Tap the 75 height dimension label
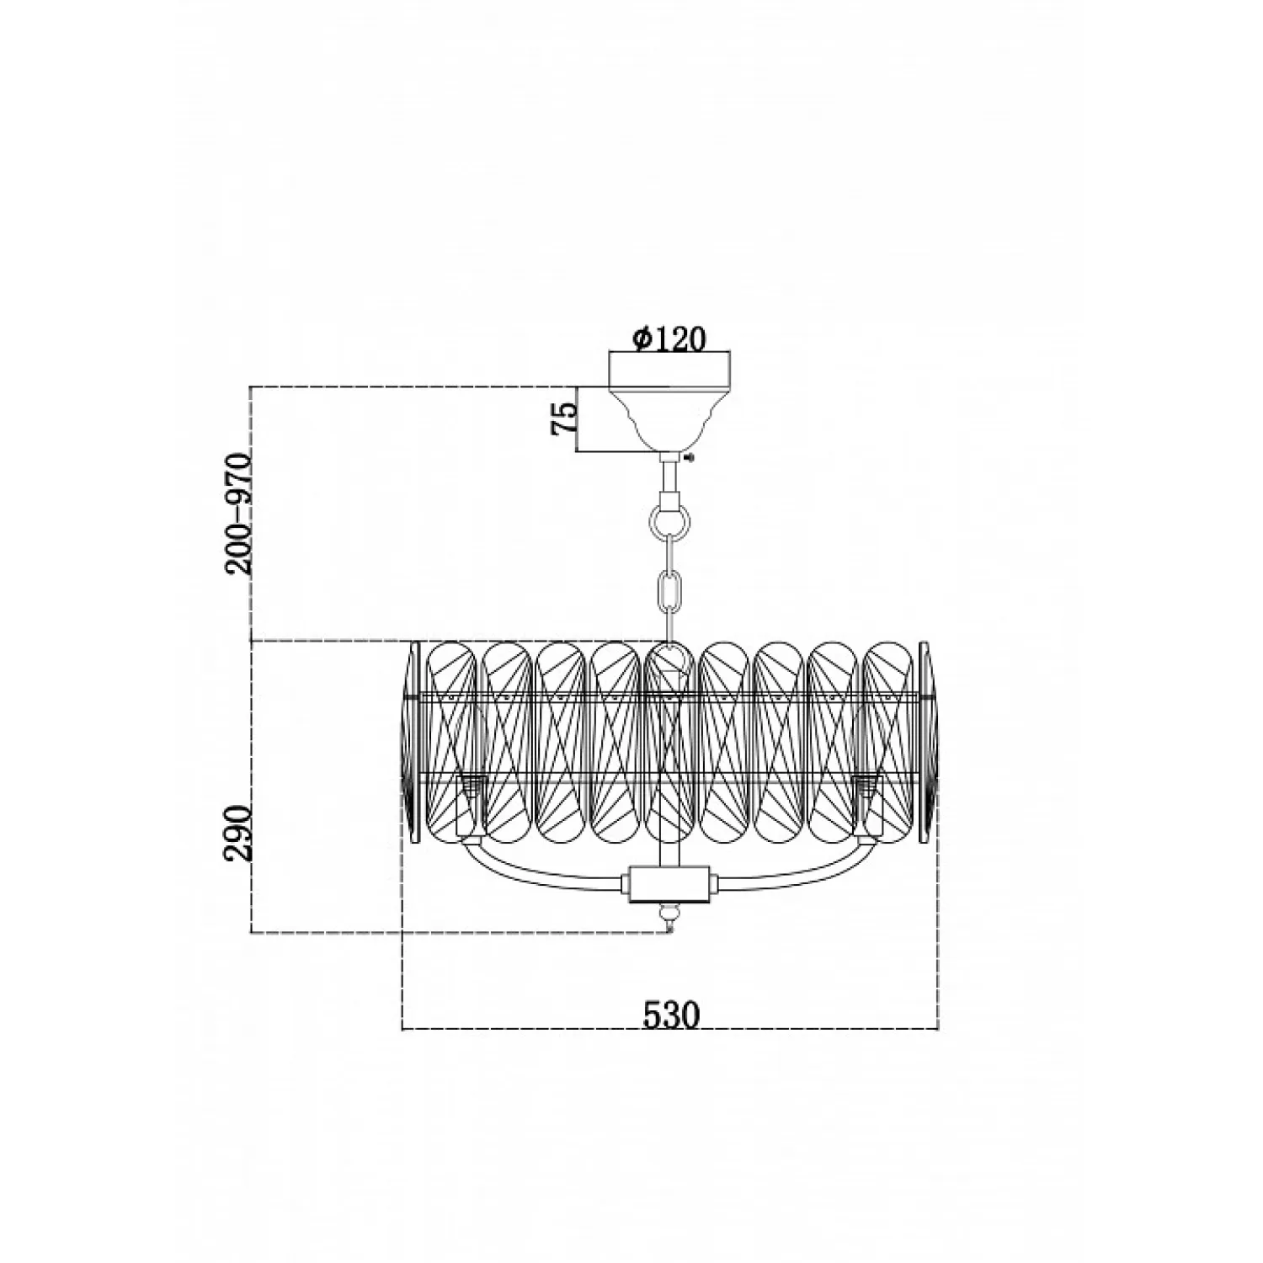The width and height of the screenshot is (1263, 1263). (x=565, y=418)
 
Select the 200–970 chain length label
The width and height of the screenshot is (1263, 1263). (x=238, y=514)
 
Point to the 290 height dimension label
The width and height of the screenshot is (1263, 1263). (x=238, y=833)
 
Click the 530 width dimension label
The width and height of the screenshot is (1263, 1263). (x=672, y=1015)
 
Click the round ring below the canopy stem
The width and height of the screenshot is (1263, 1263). (x=670, y=524)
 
